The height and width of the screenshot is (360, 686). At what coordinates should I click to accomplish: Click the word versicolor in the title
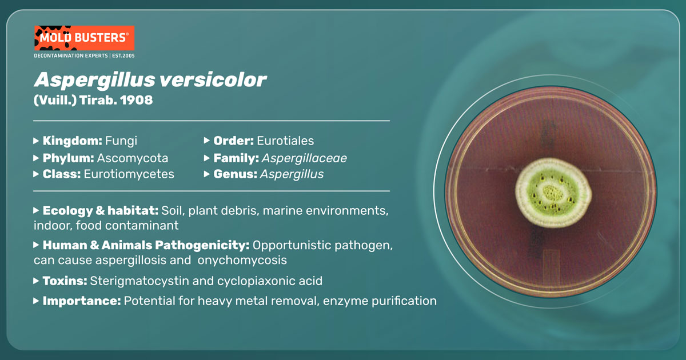[213, 80]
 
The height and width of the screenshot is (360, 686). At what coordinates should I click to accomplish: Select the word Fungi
[121, 141]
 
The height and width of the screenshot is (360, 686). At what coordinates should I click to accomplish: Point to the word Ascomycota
[133, 158]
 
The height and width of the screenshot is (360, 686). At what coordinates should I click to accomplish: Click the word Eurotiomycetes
[129, 174]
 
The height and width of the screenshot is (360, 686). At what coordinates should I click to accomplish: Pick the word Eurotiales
[285, 141]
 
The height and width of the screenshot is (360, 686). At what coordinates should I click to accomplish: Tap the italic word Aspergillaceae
[304, 158]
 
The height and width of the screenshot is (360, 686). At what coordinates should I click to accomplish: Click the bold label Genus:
[235, 174]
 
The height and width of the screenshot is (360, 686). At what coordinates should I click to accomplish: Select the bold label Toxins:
[65, 281]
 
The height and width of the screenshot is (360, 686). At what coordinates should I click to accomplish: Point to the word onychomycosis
[242, 260]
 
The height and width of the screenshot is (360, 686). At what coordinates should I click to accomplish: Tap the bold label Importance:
[82, 301]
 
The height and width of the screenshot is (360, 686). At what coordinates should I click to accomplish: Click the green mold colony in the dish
[553, 193]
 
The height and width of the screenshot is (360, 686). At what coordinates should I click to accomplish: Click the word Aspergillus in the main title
[95, 81]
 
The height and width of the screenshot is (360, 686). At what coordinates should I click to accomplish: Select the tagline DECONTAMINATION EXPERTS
[71, 56]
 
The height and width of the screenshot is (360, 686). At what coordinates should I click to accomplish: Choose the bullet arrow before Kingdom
[36, 141]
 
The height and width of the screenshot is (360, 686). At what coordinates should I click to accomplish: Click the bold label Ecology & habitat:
[101, 211]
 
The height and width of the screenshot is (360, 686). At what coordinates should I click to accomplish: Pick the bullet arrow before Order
[207, 141]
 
